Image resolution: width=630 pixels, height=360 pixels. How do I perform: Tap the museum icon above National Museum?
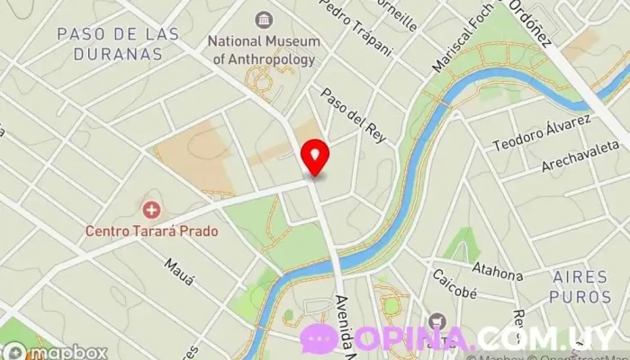point(263,20)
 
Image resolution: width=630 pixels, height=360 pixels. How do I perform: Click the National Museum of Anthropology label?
point(262,50)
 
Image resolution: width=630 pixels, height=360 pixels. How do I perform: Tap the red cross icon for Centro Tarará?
point(151,210)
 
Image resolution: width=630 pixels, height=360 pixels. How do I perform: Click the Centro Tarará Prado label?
point(151,230)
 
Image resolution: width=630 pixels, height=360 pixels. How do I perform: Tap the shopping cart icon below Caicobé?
point(437,321)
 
